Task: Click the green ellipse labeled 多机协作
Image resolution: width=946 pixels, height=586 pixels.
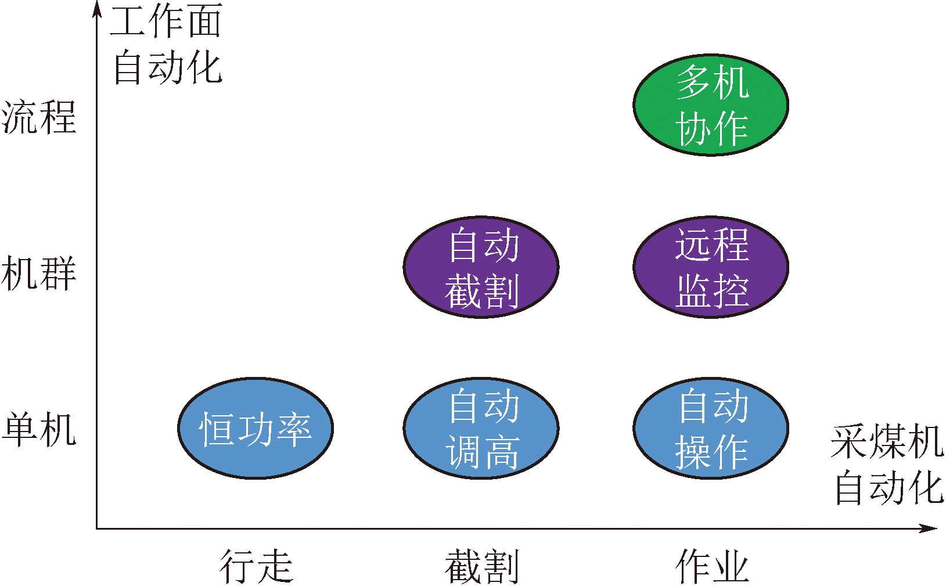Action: click(x=710, y=105)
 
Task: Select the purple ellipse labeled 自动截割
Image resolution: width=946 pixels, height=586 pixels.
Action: click(x=481, y=267)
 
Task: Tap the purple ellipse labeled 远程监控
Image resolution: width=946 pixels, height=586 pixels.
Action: click(x=710, y=267)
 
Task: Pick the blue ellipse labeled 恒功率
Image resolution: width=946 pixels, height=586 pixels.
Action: click(x=255, y=429)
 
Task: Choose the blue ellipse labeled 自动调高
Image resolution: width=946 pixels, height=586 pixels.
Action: click(x=481, y=429)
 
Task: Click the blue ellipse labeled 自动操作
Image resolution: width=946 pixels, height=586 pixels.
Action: click(x=710, y=429)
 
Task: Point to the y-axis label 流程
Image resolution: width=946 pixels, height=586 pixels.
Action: click(x=39, y=117)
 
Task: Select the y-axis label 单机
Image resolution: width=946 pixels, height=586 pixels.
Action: click(x=39, y=430)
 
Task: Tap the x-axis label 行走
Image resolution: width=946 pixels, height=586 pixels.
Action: click(x=256, y=566)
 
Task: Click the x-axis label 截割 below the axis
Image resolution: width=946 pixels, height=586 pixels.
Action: click(x=481, y=566)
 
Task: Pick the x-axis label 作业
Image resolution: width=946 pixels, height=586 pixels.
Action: click(x=712, y=566)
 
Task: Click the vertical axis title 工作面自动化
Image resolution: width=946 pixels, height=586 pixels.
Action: click(x=167, y=44)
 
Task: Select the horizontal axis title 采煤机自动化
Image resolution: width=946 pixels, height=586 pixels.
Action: click(x=888, y=465)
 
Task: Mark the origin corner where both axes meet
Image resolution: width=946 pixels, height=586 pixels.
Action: click(x=97, y=529)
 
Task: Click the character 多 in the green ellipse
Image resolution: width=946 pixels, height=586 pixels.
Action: click(x=693, y=81)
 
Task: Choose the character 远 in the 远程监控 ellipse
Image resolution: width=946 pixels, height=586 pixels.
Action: click(x=693, y=244)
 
